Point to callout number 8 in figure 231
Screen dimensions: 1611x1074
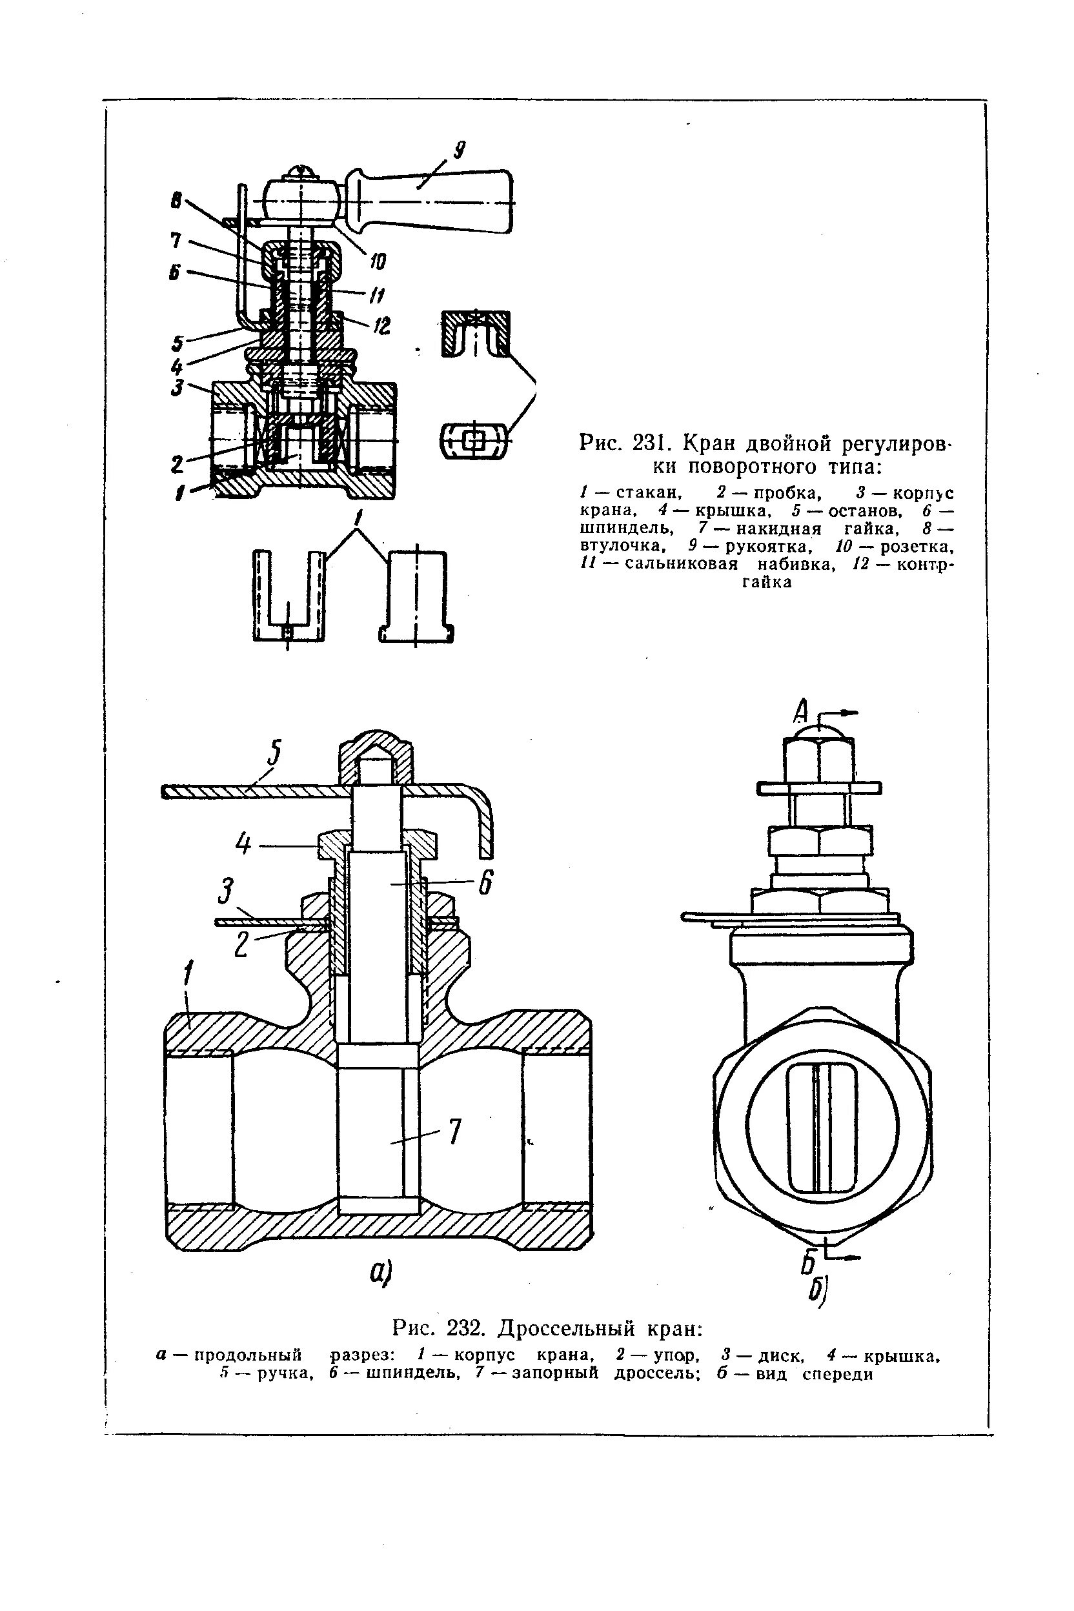pos(177,200)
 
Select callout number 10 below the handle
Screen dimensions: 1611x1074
pos(377,261)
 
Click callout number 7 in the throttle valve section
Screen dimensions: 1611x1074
pos(455,1131)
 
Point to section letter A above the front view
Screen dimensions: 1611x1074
pos(802,713)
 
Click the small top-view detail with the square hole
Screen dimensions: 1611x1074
pos(473,440)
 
